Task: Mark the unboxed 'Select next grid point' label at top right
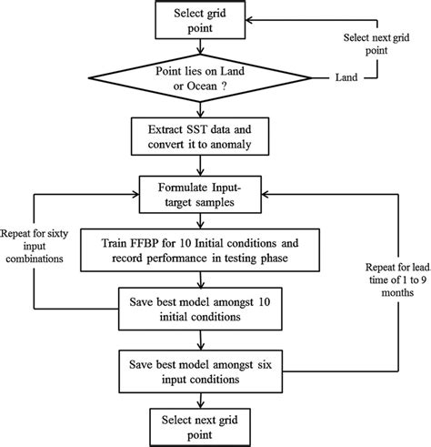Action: [x=374, y=43]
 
